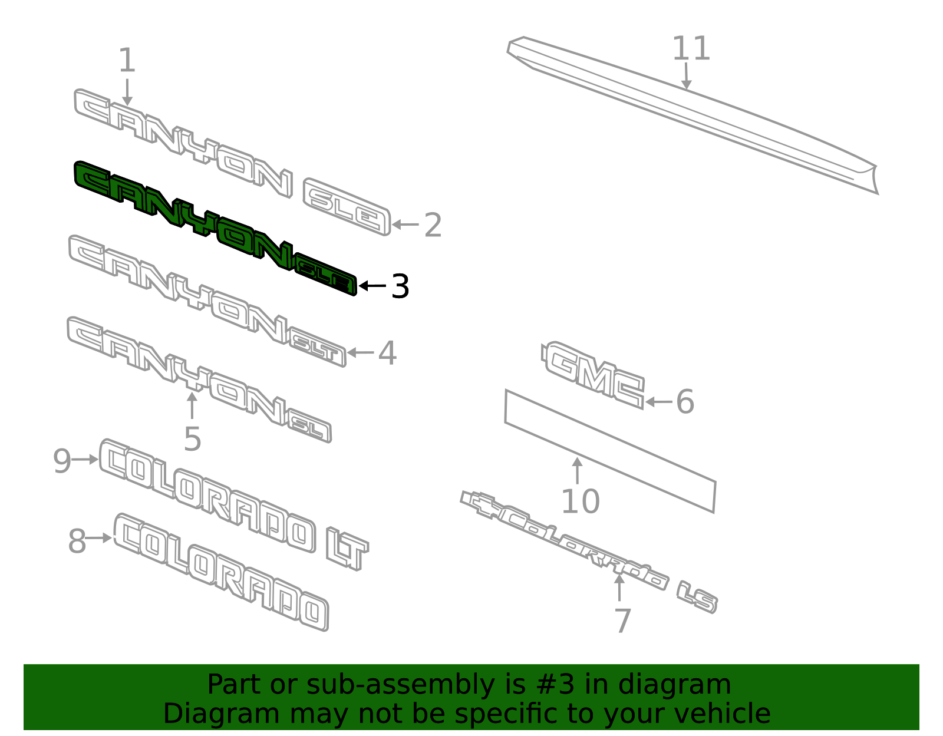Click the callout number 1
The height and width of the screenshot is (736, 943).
coord(127,60)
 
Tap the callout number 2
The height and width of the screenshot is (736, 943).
coord(433,225)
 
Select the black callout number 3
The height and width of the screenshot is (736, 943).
coord(400,286)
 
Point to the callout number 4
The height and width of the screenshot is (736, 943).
coord(387,353)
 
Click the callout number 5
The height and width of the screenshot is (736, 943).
coord(192,439)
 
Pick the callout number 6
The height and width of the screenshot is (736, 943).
coord(685,402)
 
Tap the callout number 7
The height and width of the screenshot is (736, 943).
coord(623,621)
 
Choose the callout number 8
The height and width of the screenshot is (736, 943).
coord(77,542)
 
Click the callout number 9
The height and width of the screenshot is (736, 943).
coord(62,461)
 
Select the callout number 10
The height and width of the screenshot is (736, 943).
coord(580,501)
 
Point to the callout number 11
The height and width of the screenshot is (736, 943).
coord(691,48)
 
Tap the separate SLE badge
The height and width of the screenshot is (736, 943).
coord(347,207)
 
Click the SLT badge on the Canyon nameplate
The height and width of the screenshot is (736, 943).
coord(317,346)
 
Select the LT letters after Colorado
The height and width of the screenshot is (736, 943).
coord(347,548)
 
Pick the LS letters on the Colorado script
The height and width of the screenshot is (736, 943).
coord(697,598)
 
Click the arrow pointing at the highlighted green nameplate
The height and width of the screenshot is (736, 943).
coord(372,286)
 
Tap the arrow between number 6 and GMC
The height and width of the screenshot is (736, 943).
coord(659,402)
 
